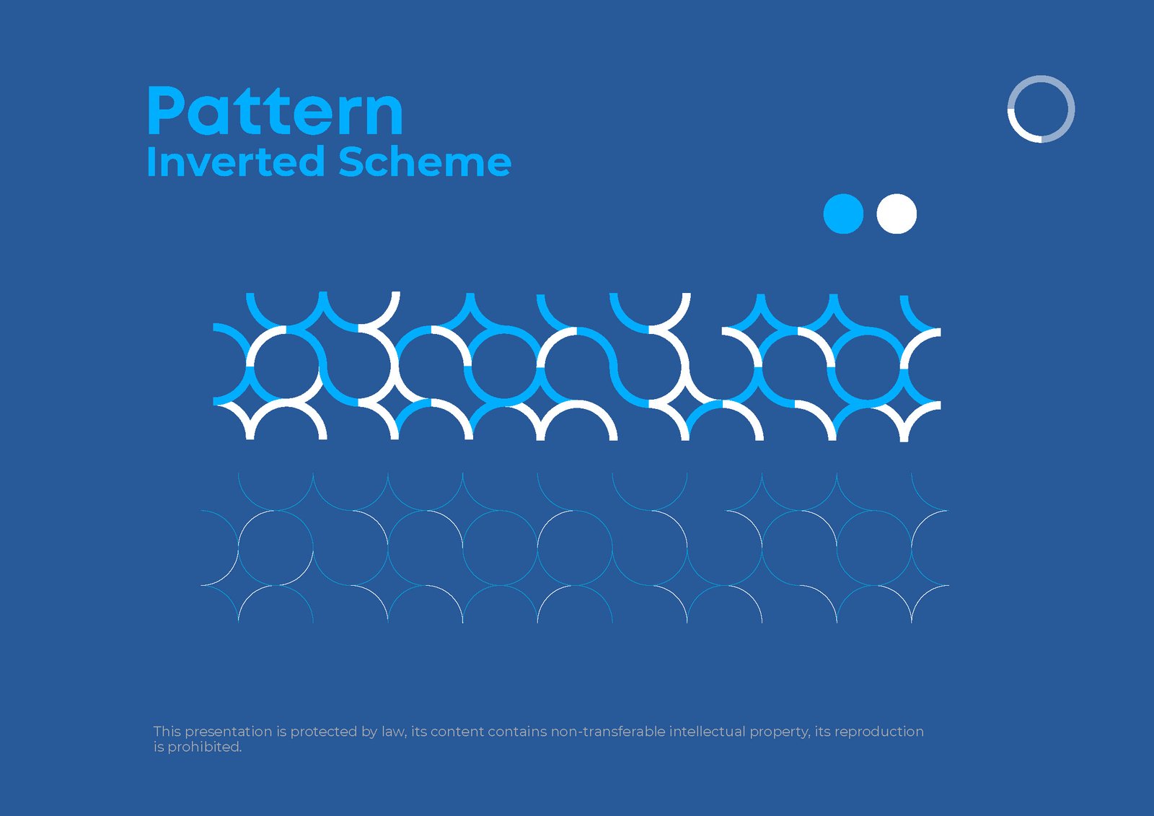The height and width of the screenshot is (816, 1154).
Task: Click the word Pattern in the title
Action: [x=274, y=112]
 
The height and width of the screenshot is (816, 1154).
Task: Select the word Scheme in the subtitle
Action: [x=425, y=162]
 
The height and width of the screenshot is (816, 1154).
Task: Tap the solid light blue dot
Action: [x=843, y=214]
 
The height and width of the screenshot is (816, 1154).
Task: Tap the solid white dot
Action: [x=897, y=214]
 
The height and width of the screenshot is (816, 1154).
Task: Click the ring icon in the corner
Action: [x=1041, y=109]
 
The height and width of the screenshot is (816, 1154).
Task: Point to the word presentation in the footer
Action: [x=229, y=732]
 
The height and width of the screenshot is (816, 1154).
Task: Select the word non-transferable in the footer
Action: [x=608, y=732]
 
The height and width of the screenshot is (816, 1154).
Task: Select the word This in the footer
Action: [x=167, y=732]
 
